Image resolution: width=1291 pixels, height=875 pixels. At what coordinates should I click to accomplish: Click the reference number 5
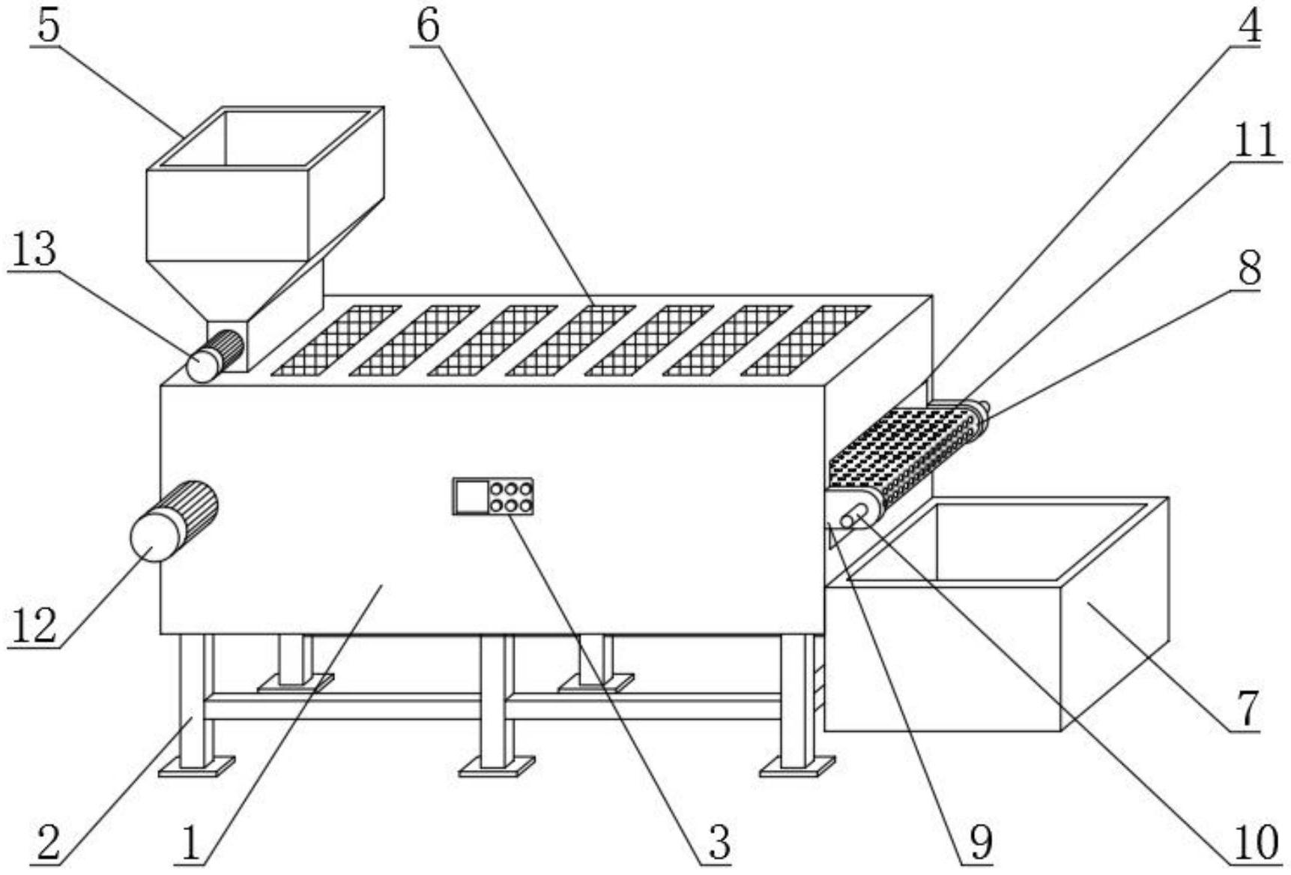tap(48, 26)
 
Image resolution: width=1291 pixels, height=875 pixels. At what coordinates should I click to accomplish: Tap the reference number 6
tap(428, 26)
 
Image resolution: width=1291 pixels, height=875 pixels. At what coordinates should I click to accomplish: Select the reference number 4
tap(1248, 26)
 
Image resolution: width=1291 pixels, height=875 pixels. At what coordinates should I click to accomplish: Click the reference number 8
tap(1249, 267)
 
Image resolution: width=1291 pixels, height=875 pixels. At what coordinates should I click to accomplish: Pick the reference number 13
tap(34, 249)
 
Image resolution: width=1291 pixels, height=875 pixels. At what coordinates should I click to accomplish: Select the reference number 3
tap(719, 843)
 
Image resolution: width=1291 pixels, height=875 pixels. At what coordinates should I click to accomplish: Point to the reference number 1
tap(192, 843)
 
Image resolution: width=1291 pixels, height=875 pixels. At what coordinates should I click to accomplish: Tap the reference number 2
tap(49, 843)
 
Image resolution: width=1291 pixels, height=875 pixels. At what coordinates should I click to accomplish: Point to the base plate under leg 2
tap(196, 766)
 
